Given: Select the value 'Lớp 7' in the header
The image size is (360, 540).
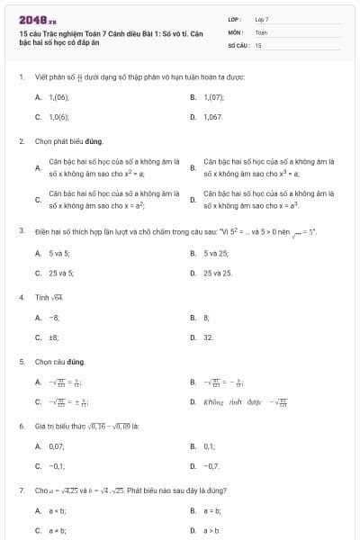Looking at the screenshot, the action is tap(262, 19).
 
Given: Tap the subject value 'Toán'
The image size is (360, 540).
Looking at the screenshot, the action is tap(261, 31).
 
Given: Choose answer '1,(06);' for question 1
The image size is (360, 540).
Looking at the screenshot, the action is tap(57, 96).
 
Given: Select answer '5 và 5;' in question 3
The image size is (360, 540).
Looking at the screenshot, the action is tap(59, 253).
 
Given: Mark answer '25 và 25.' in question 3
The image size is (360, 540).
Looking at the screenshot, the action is tap(218, 273).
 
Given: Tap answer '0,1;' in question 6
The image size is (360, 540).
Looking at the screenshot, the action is tap(210, 445).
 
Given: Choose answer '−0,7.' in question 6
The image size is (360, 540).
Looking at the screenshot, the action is tap(212, 466).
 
